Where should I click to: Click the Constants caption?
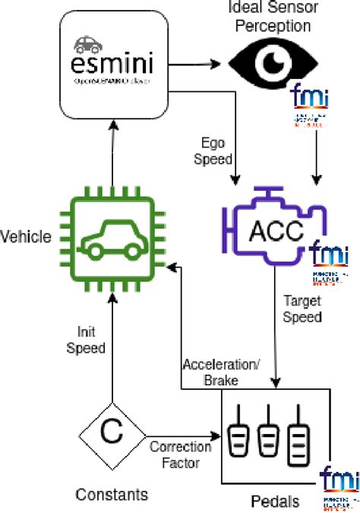click(x=111, y=495)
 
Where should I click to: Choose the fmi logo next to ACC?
click(x=325, y=258)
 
